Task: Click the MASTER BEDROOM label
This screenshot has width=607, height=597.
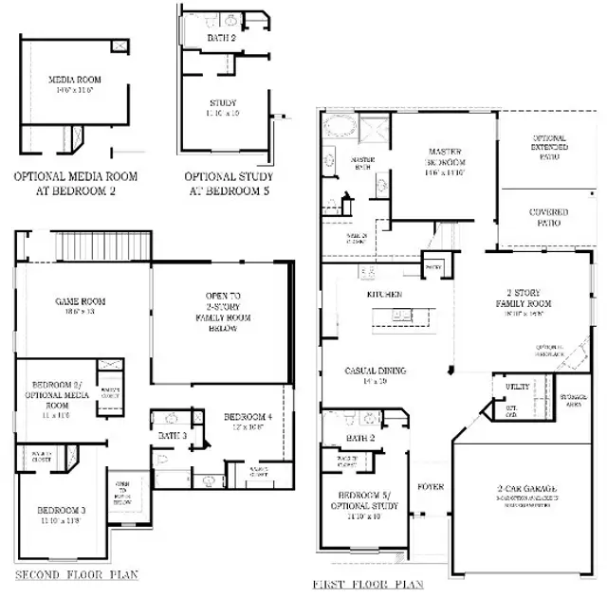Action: pyautogui.click(x=444, y=157)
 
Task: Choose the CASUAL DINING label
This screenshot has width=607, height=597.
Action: pyautogui.click(x=376, y=372)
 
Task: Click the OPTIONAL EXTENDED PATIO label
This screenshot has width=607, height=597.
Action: pyautogui.click(x=548, y=147)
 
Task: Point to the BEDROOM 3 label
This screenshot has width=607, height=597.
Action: pyautogui.click(x=58, y=515)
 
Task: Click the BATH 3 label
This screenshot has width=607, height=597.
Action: pyautogui.click(x=172, y=435)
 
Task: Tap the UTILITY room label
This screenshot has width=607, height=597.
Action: pyautogui.click(x=517, y=387)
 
